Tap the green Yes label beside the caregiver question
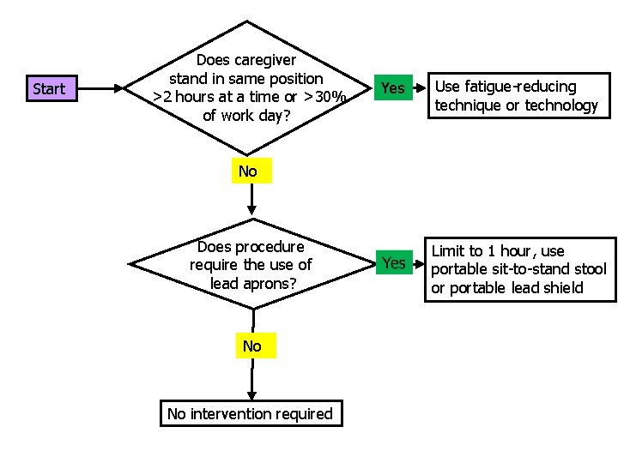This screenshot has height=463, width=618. point(392,87)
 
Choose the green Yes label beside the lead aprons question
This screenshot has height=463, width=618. point(393,262)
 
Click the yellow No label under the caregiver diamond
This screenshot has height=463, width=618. point(248,171)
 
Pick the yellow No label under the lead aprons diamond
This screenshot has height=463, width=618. point(251,346)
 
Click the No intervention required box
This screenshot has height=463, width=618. point(250,413)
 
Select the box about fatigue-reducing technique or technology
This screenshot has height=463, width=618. point(516,95)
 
